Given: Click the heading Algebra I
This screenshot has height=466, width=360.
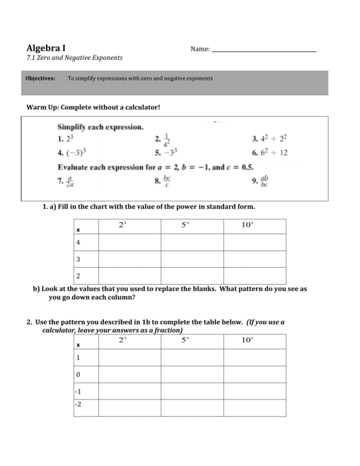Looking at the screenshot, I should [46, 48].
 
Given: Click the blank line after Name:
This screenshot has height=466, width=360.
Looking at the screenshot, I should [264, 50].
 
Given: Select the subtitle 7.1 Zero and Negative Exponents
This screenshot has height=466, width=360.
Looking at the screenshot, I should [74, 58].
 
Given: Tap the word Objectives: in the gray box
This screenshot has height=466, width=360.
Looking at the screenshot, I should [40, 78].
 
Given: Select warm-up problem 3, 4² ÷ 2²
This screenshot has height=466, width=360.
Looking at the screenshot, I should [272, 139].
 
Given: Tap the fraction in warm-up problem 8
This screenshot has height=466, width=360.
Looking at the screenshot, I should [167, 181].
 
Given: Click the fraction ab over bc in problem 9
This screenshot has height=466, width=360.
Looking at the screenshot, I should [264, 181].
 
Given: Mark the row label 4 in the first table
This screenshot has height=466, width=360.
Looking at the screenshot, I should [78, 243].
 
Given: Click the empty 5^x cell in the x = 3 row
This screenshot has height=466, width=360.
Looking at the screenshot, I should [192, 259].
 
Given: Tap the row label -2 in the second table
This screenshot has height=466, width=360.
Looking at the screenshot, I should [79, 404].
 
